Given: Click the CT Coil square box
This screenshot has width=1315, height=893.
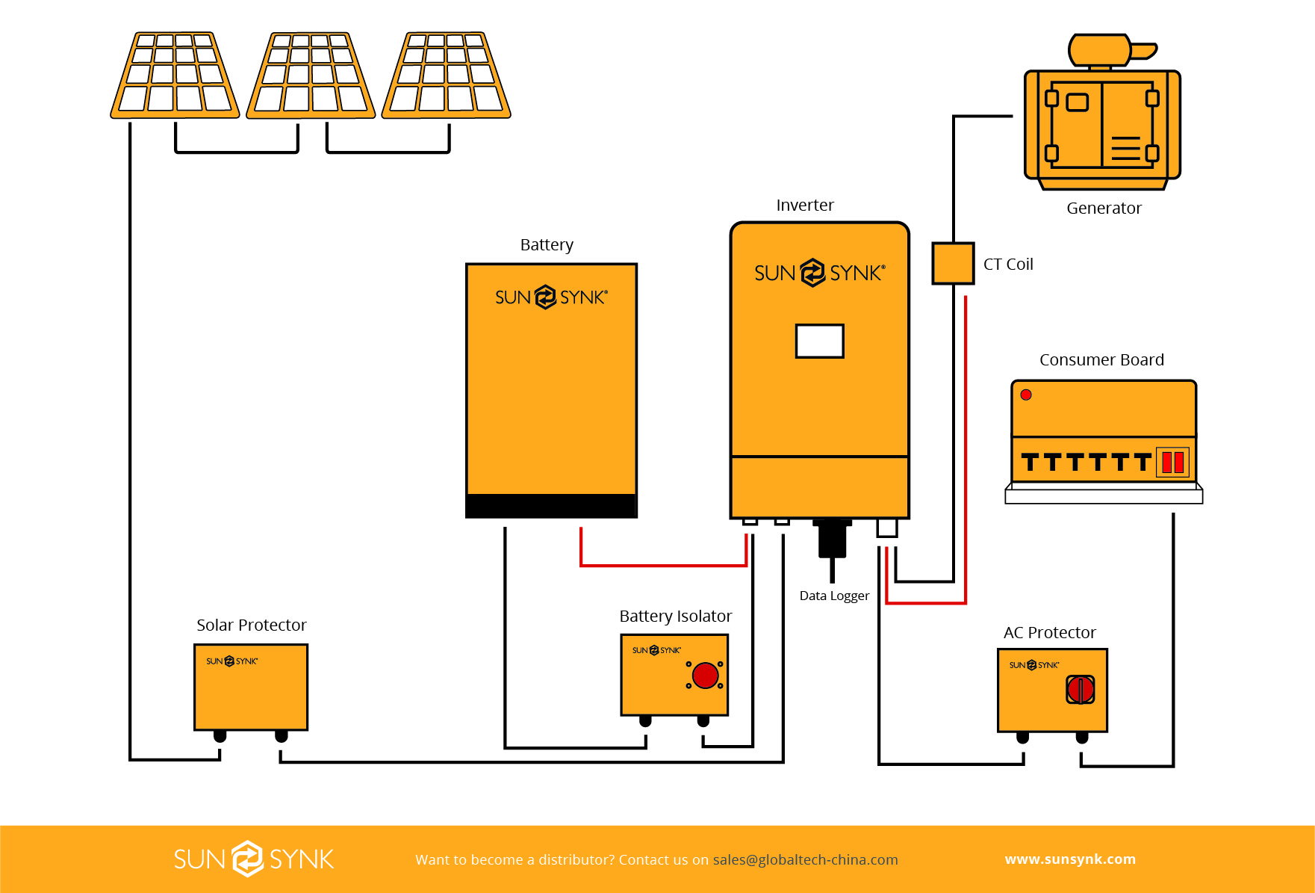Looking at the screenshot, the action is pos(953,263).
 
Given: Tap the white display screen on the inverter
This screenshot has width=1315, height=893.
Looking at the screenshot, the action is pos(819,341).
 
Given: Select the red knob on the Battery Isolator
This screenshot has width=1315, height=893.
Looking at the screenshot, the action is pos(705,675).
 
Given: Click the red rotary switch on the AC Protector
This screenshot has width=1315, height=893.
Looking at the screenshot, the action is pos(1080,689).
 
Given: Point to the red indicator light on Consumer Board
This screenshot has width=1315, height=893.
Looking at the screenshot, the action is pos(1026,395).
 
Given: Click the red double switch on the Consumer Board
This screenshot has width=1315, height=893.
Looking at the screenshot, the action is pos(1172,462).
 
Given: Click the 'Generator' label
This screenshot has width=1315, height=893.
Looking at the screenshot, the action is pos(1104,208).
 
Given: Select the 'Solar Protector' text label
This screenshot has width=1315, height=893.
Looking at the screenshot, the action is pos(252,625).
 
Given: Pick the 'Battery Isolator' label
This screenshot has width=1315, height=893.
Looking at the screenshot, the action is pos(676,616).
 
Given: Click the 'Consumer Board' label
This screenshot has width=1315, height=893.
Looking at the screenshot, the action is pos(1101,359).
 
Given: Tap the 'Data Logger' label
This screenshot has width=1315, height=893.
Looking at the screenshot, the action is pos(834,596).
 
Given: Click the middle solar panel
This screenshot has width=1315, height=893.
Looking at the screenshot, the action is pos(311,75).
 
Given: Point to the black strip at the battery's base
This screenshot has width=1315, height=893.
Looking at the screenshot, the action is pos(551,505).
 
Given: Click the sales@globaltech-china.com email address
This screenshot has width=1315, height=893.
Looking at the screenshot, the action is pos(805,859).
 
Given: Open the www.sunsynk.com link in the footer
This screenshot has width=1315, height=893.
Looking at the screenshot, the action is pos(1070,859).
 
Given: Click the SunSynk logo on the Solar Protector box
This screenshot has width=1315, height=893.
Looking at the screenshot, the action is pos(231,661).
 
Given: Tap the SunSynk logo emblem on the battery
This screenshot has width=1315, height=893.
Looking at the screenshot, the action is pos(546,297).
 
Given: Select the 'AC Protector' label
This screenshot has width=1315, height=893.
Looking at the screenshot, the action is pos(1049,632).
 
